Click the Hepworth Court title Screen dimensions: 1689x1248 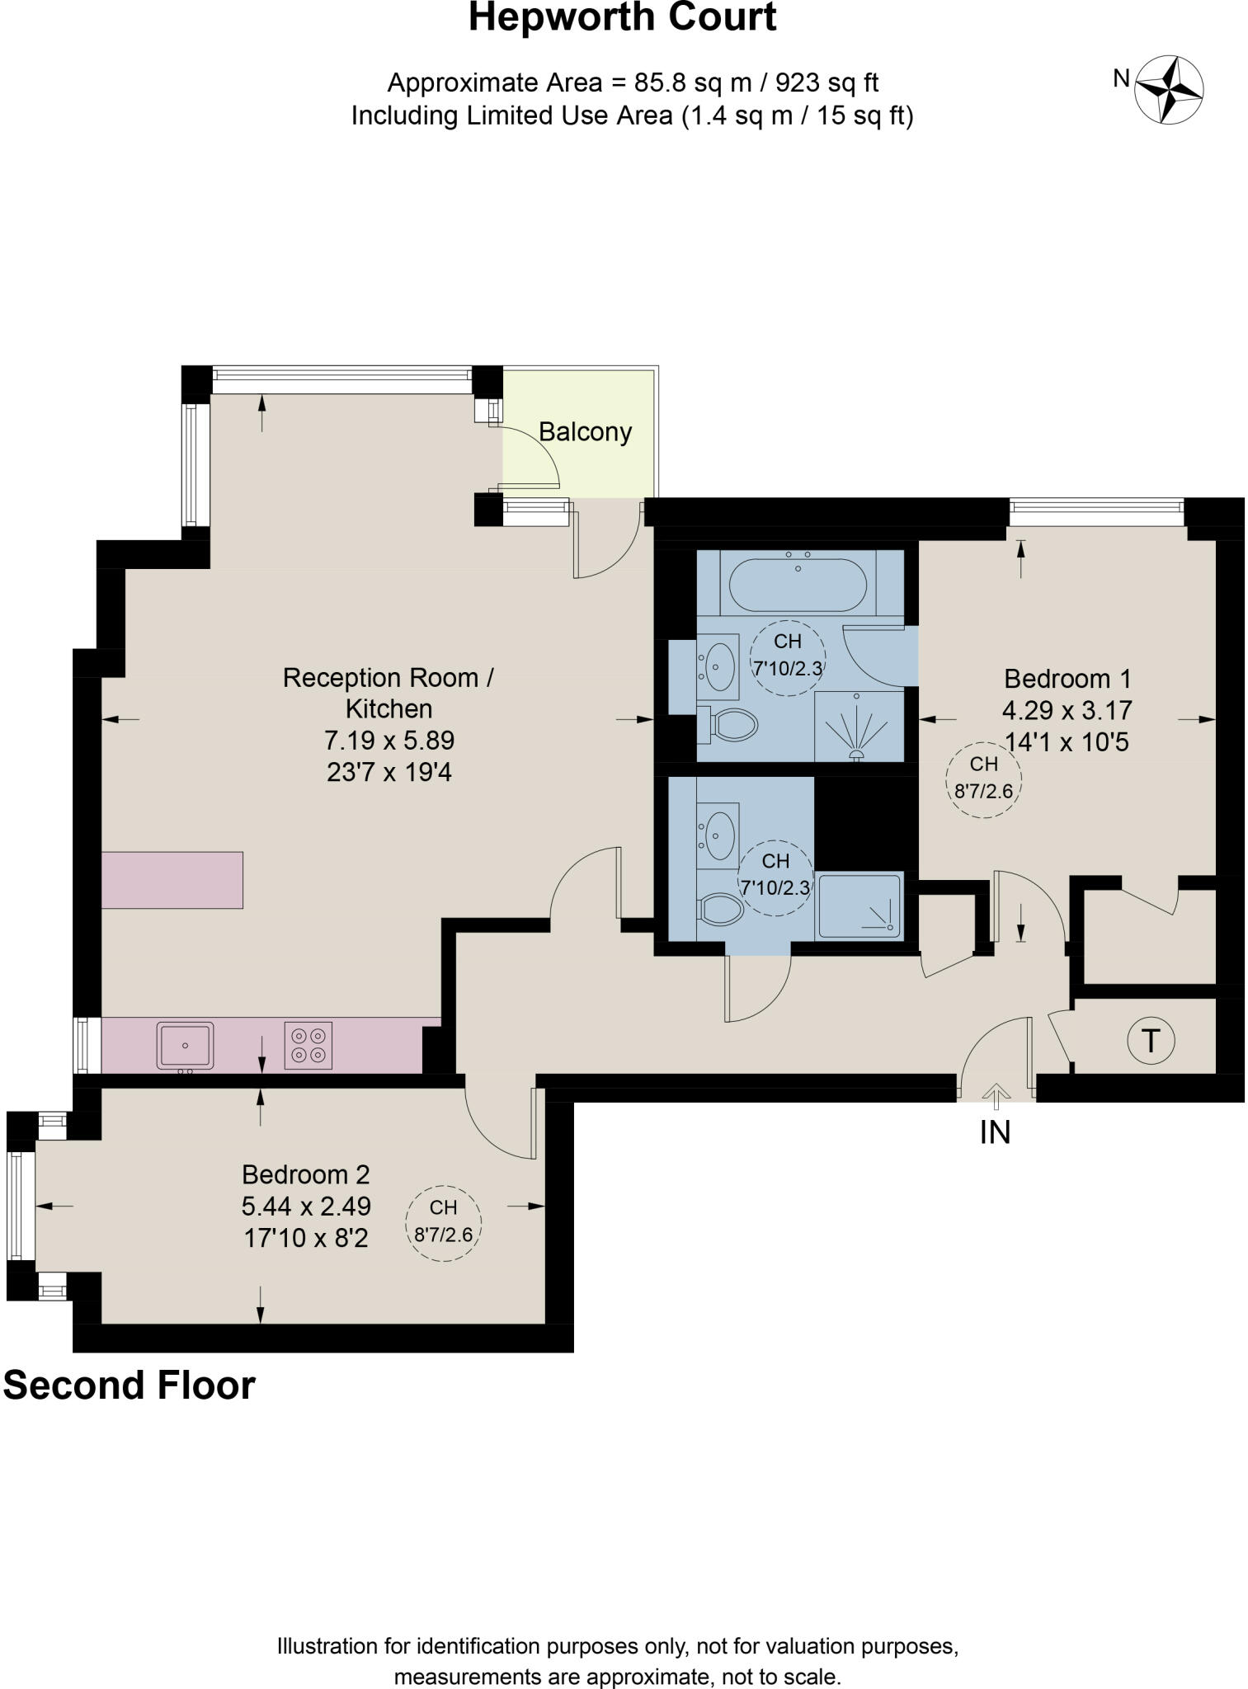pyautogui.click(x=622, y=18)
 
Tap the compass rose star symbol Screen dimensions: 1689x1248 pyautogui.click(x=1169, y=89)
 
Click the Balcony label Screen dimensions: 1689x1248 pyautogui.click(x=585, y=432)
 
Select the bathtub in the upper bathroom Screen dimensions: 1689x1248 pyautogui.click(x=798, y=584)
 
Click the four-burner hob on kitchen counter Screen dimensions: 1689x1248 pyautogui.click(x=308, y=1046)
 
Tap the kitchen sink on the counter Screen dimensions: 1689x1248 pyautogui.click(x=185, y=1046)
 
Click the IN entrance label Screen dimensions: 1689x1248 pyautogui.click(x=995, y=1133)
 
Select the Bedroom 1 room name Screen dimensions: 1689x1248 pyautogui.click(x=1067, y=679)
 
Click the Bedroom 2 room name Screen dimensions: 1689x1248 pyautogui.click(x=306, y=1174)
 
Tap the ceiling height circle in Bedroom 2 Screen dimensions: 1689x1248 pyautogui.click(x=444, y=1223)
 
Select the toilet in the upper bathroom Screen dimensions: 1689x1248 pyautogui.click(x=730, y=725)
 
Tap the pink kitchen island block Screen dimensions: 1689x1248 pyautogui.click(x=172, y=880)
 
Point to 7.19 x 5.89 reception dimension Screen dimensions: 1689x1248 pyautogui.click(x=389, y=740)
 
